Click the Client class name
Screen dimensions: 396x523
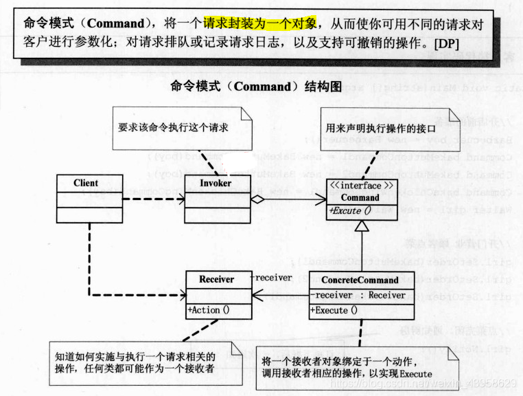[86, 184]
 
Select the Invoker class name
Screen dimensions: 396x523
[216, 184]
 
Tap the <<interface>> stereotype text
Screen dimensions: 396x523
[360, 186]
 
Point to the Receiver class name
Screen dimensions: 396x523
[216, 280]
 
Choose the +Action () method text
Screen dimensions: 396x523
[209, 310]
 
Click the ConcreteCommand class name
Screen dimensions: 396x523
[360, 280]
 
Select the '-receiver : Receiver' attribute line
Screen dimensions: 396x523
[358, 296]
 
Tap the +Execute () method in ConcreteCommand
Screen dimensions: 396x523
[334, 310]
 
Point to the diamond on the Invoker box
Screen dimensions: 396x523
[257, 199]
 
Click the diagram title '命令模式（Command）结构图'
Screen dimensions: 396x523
[255, 87]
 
